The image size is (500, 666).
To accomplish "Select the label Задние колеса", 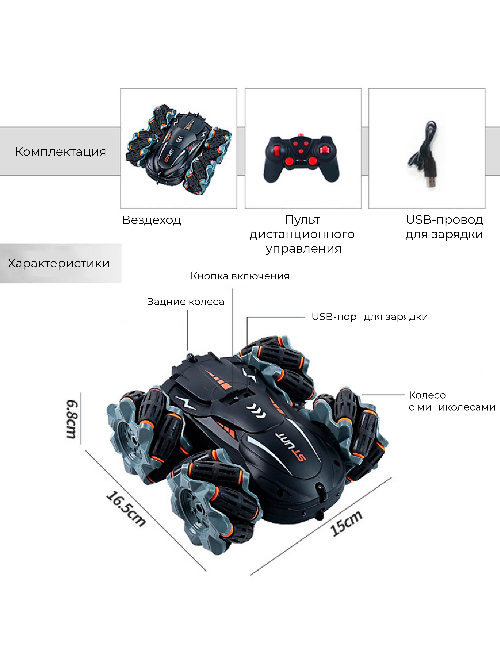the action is point(185,302).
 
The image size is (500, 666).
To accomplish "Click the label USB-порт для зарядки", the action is point(370,317).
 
